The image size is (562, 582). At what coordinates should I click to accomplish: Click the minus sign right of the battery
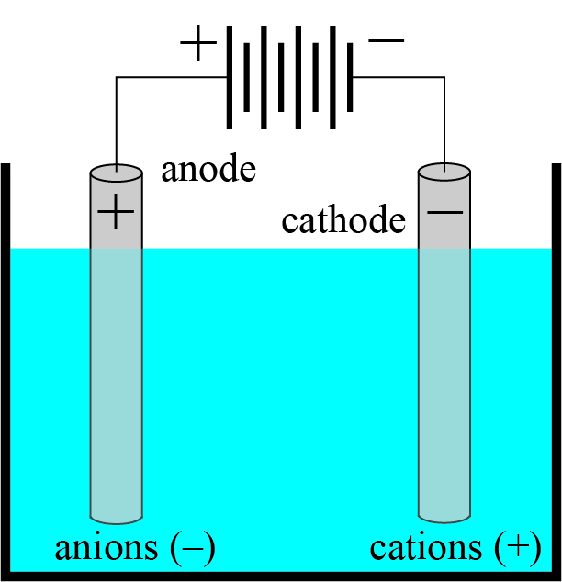click(x=385, y=40)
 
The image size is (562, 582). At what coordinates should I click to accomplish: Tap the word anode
click(x=208, y=170)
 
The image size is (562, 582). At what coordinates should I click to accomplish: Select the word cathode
click(x=343, y=221)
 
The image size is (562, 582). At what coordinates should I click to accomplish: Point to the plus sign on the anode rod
click(x=116, y=214)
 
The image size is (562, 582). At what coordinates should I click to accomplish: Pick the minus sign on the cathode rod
click(x=445, y=213)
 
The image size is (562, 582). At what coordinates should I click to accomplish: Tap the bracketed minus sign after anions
click(x=193, y=548)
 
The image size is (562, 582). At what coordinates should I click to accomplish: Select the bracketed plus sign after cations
click(x=511, y=548)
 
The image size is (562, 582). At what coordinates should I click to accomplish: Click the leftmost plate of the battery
click(x=229, y=77)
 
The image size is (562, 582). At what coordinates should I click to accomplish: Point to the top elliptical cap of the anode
click(x=116, y=173)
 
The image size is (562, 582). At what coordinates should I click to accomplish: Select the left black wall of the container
click(x=5, y=367)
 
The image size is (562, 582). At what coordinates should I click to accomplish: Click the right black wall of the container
click(x=556, y=367)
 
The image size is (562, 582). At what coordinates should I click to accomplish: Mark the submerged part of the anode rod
click(x=116, y=386)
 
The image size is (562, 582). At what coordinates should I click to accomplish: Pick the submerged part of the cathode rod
click(x=445, y=386)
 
